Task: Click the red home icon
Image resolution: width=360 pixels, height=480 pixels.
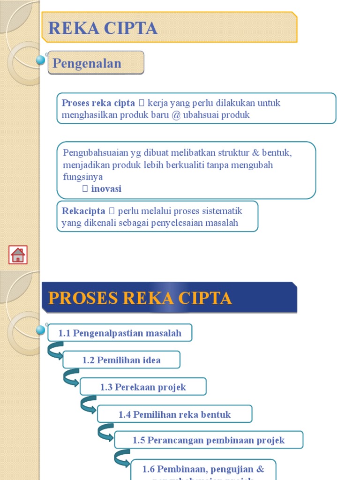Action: click(18, 255)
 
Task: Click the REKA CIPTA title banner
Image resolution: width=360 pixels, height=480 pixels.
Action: click(169, 28)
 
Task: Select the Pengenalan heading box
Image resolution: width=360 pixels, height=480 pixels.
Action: click(96, 63)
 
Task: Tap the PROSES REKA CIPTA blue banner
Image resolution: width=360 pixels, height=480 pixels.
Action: click(169, 298)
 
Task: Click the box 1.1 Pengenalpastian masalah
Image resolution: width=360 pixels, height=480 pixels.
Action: click(120, 333)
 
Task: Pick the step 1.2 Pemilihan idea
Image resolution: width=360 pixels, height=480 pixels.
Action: click(121, 360)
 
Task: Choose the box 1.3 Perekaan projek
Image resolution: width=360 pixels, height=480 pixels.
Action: click(143, 387)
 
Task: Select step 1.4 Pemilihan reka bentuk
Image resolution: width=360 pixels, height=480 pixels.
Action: click(174, 414)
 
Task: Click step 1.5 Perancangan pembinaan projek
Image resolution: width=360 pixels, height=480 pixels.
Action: click(209, 440)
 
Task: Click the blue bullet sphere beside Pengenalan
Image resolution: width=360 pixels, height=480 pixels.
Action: click(41, 60)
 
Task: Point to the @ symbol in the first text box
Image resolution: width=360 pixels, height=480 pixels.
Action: click(176, 115)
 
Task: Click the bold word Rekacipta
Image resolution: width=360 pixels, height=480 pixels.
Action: click(83, 211)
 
